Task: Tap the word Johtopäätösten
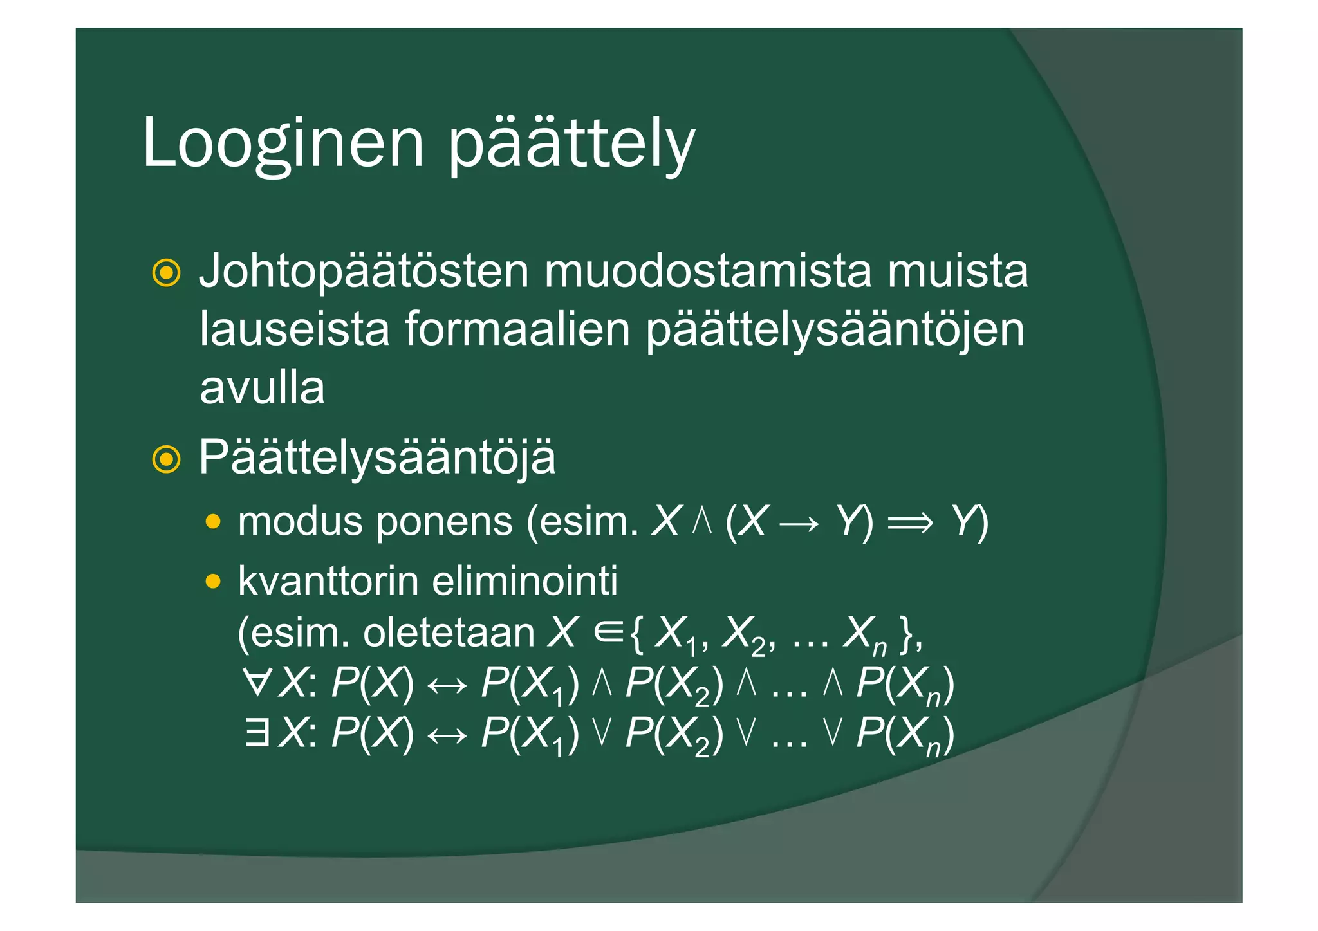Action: (x=364, y=271)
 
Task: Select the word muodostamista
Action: (x=707, y=271)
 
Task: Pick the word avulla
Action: (x=262, y=387)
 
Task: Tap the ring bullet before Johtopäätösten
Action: (x=166, y=273)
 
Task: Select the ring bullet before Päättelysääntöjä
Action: (x=166, y=459)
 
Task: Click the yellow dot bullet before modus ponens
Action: (x=213, y=522)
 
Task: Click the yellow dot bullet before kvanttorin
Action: (x=213, y=582)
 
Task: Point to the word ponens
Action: (x=444, y=522)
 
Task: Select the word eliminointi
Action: (x=524, y=580)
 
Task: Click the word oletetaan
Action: (x=449, y=633)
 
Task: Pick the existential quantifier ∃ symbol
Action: (x=257, y=733)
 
